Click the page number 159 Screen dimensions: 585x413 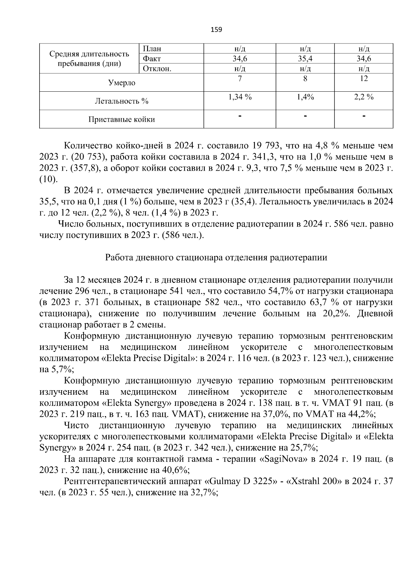(216, 30)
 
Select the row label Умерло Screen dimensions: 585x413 (121, 83)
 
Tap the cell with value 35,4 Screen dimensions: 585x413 (305, 59)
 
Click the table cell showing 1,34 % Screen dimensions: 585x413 (240, 97)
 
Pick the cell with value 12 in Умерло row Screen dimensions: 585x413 (363, 79)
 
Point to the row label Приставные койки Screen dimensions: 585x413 (121, 119)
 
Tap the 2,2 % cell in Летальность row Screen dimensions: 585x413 (363, 97)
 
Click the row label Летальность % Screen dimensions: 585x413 (121, 101)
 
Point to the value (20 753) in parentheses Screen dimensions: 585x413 (88, 157)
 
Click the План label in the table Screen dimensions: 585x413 (152, 49)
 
